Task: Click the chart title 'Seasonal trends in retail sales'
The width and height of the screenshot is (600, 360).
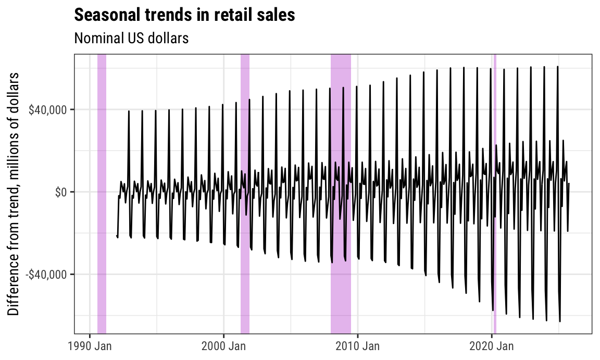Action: point(184,15)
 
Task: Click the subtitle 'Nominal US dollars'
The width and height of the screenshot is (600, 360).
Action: point(131,38)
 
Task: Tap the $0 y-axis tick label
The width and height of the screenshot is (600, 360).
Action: point(61,192)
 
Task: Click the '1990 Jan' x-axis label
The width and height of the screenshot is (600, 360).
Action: point(90,345)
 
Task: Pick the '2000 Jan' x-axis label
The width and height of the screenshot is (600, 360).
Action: point(223,345)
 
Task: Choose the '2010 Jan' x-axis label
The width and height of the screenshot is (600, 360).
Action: point(358,345)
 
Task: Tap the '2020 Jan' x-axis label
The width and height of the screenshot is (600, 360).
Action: point(492,345)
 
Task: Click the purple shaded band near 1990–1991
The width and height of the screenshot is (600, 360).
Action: point(102,193)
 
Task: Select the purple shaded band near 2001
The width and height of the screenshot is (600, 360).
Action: point(245,193)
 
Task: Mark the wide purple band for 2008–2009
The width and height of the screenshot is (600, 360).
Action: point(341,193)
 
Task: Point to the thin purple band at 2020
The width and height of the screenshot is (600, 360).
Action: point(495,193)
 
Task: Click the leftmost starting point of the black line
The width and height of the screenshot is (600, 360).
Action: point(117,235)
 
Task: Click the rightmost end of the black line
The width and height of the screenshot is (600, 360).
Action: point(569,183)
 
